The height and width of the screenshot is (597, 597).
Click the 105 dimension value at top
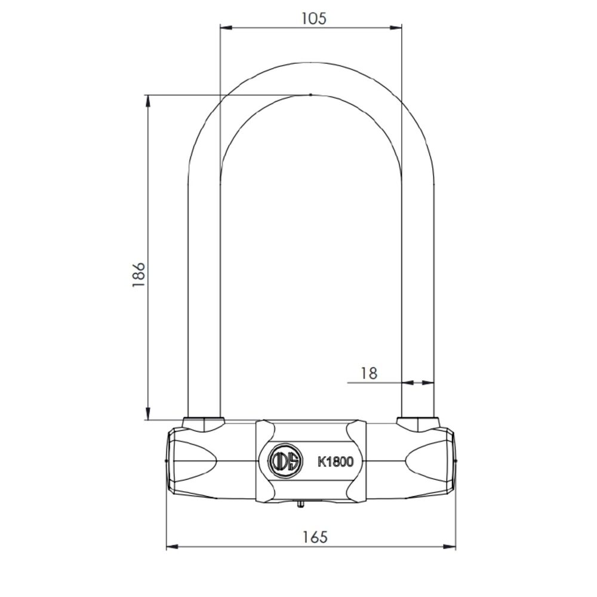click(313, 18)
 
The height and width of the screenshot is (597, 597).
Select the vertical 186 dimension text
click(139, 275)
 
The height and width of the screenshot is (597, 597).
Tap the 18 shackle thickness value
click(369, 373)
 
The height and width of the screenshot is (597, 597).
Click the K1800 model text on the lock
click(335, 461)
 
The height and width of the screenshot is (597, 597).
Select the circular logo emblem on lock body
click(285, 461)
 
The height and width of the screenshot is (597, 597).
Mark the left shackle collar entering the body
click(204, 423)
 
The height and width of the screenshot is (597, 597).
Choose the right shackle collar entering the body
click(417, 423)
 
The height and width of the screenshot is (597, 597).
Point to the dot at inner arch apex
click(310, 94)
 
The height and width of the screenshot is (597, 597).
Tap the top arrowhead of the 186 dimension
click(147, 100)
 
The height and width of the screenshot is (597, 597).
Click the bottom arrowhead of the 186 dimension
click(147, 414)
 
